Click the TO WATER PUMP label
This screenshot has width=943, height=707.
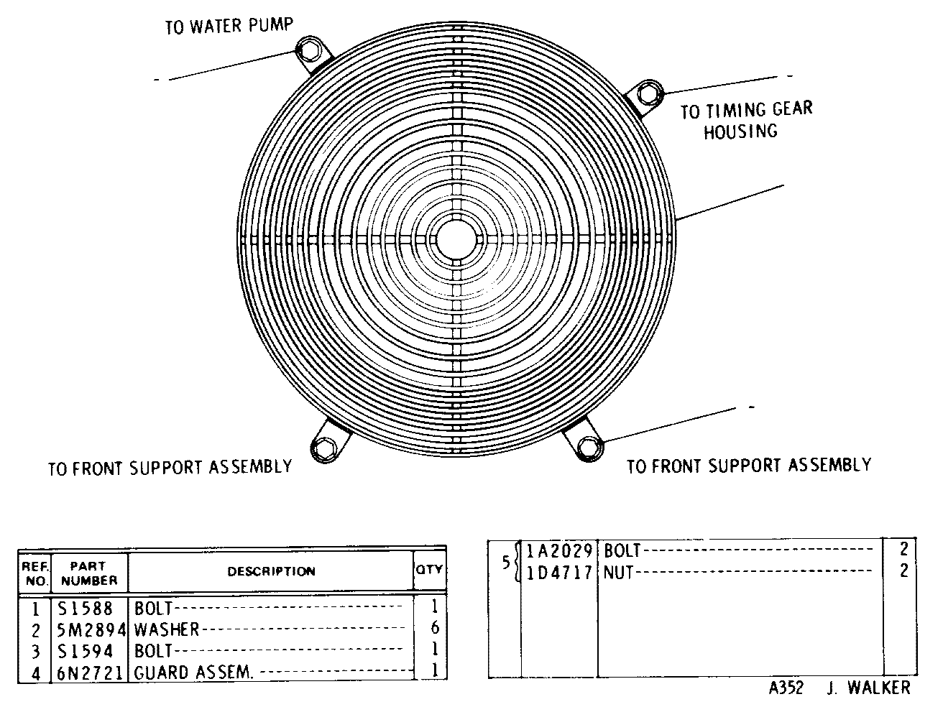tap(229, 26)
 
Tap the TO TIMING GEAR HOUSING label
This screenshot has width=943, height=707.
tap(747, 120)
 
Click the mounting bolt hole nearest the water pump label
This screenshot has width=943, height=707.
tap(309, 50)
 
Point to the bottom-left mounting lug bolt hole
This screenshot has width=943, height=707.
tap(324, 448)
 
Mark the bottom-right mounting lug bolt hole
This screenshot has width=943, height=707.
tap(589, 448)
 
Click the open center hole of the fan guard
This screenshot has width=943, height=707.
tap(456, 240)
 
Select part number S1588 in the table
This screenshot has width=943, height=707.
tap(85, 609)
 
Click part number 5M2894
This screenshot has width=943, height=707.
tap(91, 629)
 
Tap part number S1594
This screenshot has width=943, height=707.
tap(85, 651)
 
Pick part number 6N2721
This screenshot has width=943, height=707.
tap(91, 673)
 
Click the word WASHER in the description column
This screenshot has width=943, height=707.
tap(167, 629)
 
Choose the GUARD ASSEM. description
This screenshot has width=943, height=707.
tap(193, 673)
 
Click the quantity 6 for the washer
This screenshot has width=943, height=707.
tap(435, 628)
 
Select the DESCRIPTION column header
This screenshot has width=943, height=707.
tap(272, 571)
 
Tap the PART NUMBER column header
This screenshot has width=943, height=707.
tap(89, 573)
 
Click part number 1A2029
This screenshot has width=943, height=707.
tap(560, 550)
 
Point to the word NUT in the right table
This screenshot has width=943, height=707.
tap(618, 572)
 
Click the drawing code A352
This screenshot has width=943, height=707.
tap(786, 688)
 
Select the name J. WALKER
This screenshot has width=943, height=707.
tap(869, 688)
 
